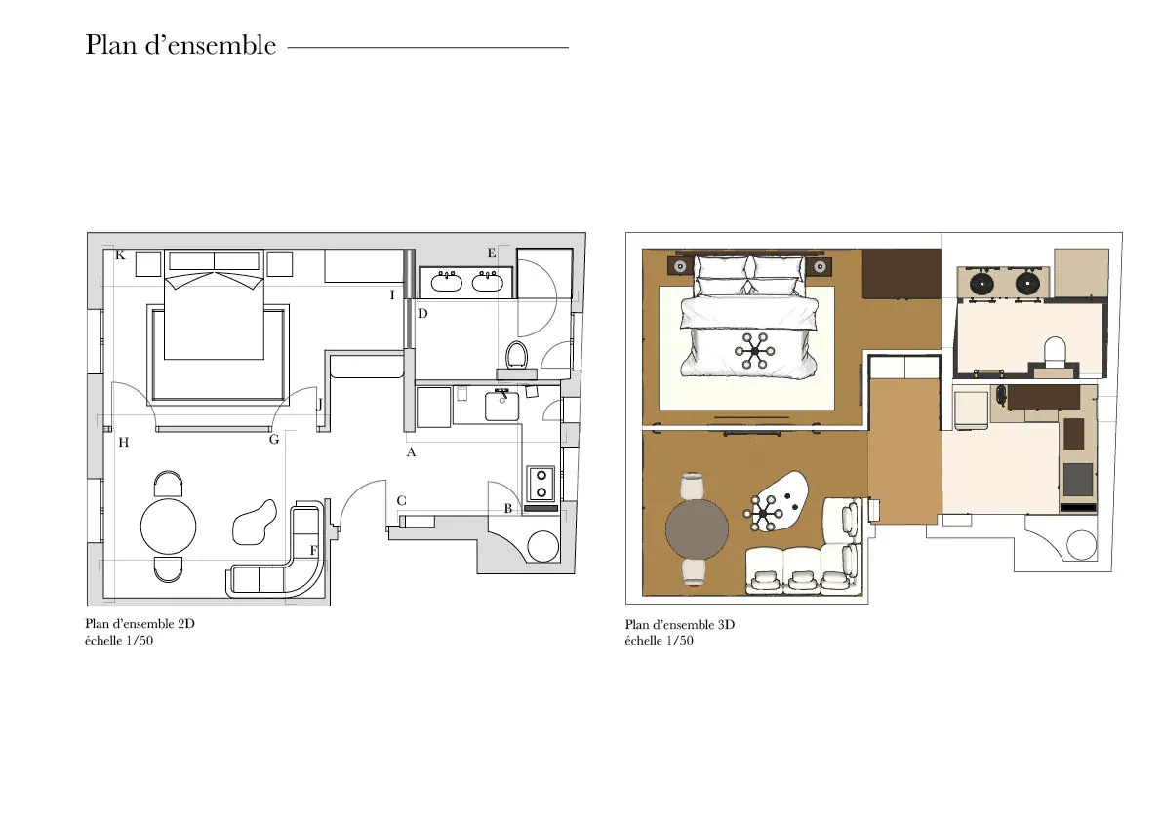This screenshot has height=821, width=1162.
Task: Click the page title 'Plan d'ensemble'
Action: click(x=180, y=45)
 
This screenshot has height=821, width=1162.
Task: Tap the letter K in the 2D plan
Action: click(x=120, y=255)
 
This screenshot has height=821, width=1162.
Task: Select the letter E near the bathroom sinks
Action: click(x=492, y=254)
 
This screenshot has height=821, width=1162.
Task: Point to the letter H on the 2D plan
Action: click(x=124, y=443)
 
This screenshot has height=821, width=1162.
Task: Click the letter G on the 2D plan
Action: click(x=274, y=440)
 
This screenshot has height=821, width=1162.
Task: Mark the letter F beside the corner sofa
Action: click(x=313, y=551)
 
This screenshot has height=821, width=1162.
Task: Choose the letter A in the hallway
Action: click(x=412, y=452)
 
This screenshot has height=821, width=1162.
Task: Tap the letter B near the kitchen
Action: click(x=508, y=509)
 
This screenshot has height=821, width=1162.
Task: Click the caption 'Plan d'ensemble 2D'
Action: click(x=140, y=624)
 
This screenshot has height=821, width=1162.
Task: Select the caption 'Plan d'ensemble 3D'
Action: click(x=680, y=625)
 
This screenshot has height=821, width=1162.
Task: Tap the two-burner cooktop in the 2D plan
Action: click(x=541, y=484)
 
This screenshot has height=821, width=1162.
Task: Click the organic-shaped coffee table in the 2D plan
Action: click(x=255, y=523)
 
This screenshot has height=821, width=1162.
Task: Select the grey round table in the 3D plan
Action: click(x=697, y=529)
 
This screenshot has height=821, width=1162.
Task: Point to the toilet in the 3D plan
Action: click(x=1055, y=352)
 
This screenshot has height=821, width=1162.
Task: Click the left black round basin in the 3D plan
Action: click(x=982, y=283)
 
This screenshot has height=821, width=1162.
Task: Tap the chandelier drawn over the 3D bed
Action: click(x=755, y=350)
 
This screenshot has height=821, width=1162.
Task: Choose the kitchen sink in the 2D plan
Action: click(x=502, y=406)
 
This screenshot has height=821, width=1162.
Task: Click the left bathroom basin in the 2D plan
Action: click(x=447, y=282)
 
